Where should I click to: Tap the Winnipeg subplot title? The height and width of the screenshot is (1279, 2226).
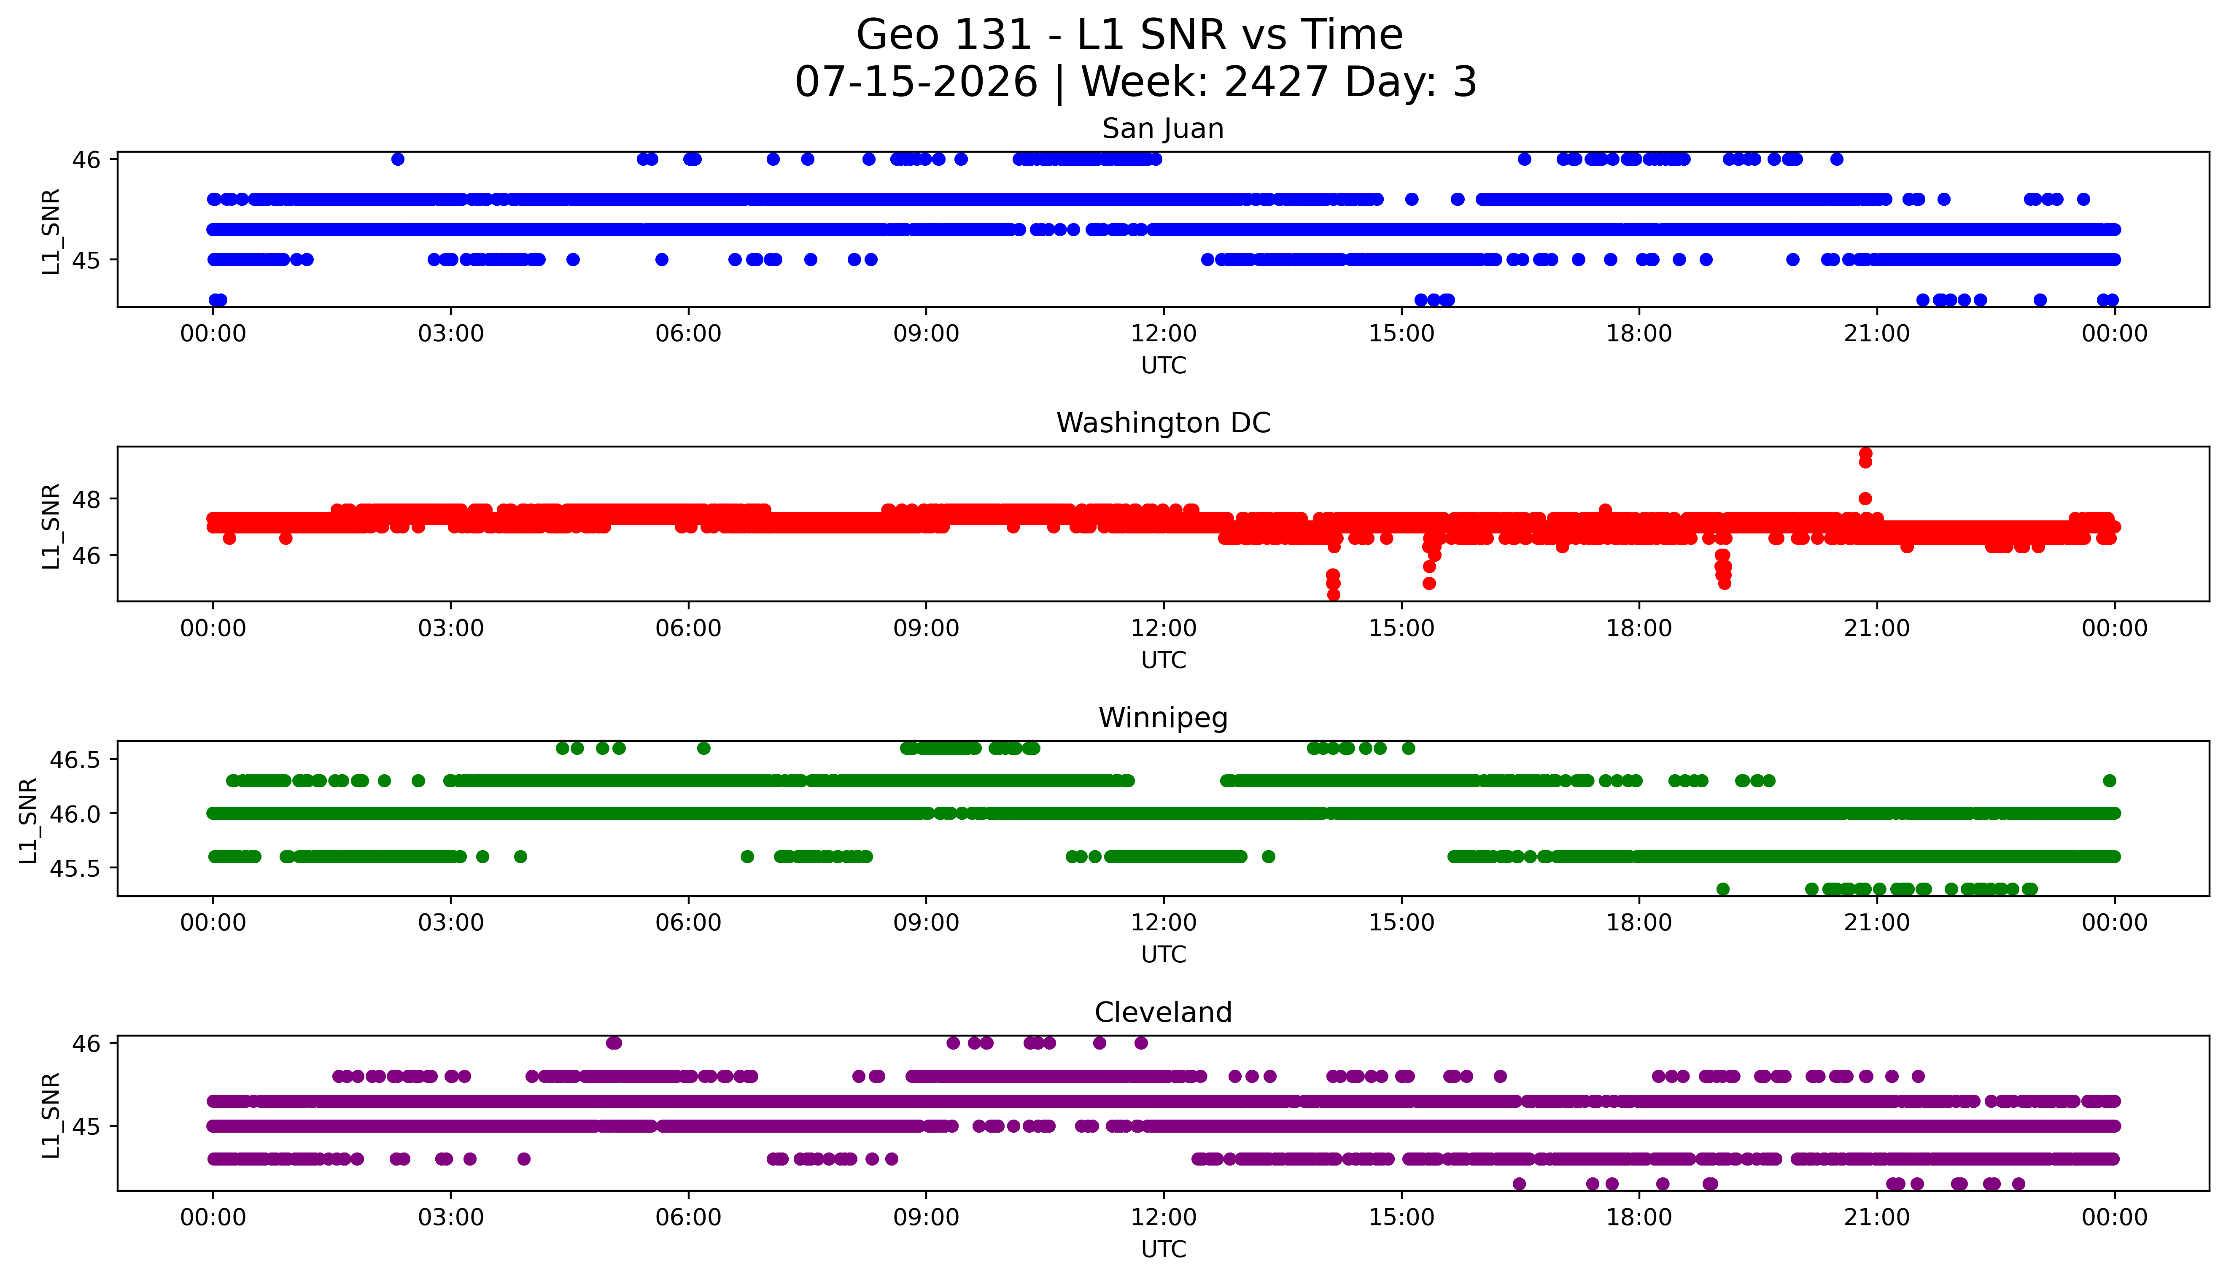coord(1163,718)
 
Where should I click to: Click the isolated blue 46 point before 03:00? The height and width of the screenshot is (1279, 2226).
coord(398,159)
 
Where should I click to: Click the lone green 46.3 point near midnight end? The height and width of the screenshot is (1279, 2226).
coord(2110,780)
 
